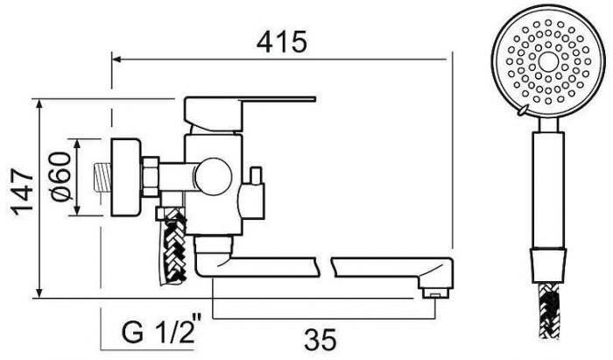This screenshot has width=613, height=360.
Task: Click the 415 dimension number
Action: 282,42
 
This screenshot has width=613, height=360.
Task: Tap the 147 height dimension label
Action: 23,193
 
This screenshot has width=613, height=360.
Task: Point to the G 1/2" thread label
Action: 161,331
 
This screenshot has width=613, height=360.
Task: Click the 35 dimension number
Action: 321,339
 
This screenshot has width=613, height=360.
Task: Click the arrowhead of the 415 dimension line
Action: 116,60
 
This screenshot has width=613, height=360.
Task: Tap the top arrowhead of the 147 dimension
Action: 39,103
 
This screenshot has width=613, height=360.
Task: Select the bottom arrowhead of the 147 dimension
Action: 39,293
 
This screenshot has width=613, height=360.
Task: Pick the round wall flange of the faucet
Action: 125,177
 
